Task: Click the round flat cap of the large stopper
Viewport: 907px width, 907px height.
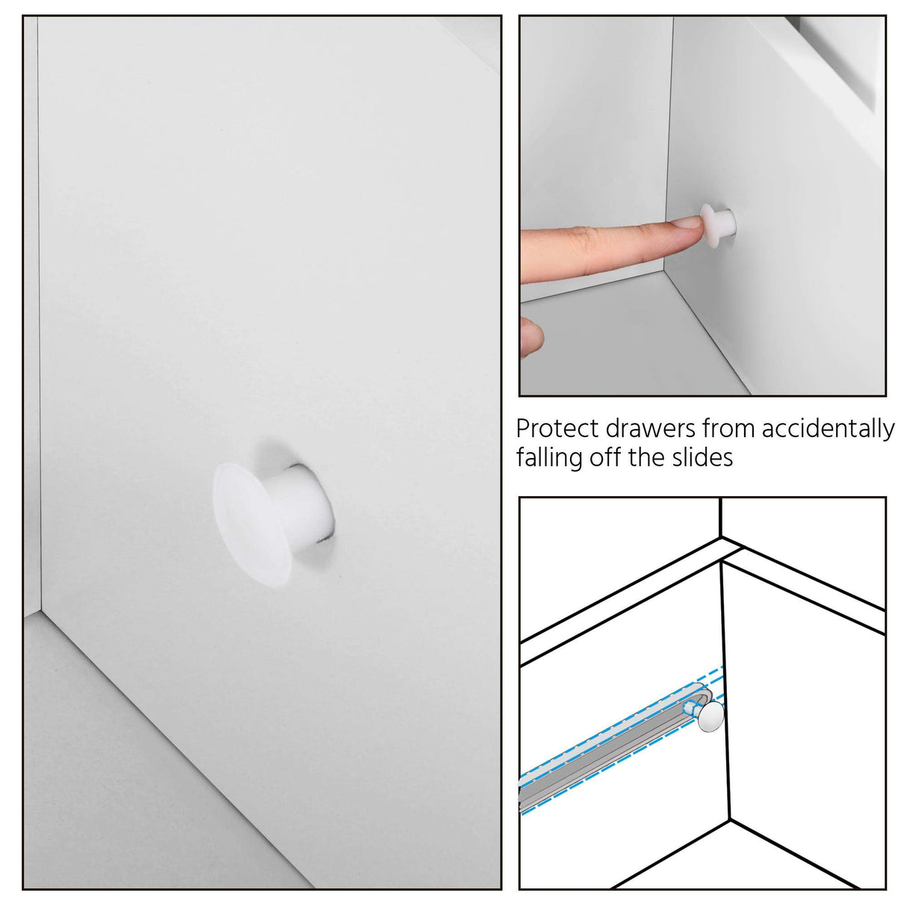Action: pos(250,521)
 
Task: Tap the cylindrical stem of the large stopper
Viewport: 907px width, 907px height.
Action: pos(306,508)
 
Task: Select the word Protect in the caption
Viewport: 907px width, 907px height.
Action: pos(557,429)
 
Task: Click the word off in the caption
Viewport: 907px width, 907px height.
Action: pos(607,457)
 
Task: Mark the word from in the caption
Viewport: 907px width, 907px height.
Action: pos(728,429)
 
